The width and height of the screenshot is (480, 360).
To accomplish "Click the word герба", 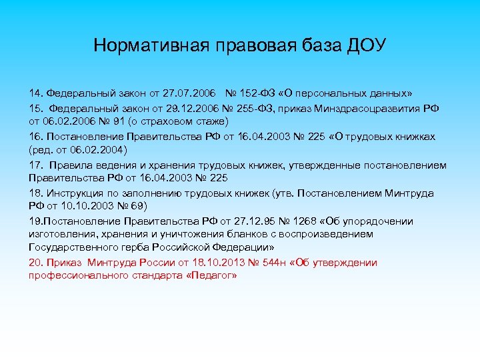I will click(x=123, y=247).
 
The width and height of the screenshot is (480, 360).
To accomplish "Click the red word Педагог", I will click(x=211, y=275).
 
